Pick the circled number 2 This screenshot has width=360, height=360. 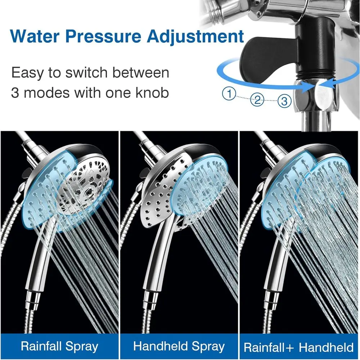coord(257,100)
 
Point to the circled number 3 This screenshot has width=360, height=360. coord(284,101)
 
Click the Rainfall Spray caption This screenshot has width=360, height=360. coord(59,347)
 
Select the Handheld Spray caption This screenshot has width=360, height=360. coord(179,347)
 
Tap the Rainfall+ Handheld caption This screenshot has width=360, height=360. coord(299,347)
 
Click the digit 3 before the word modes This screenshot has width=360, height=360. coord(15,93)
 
